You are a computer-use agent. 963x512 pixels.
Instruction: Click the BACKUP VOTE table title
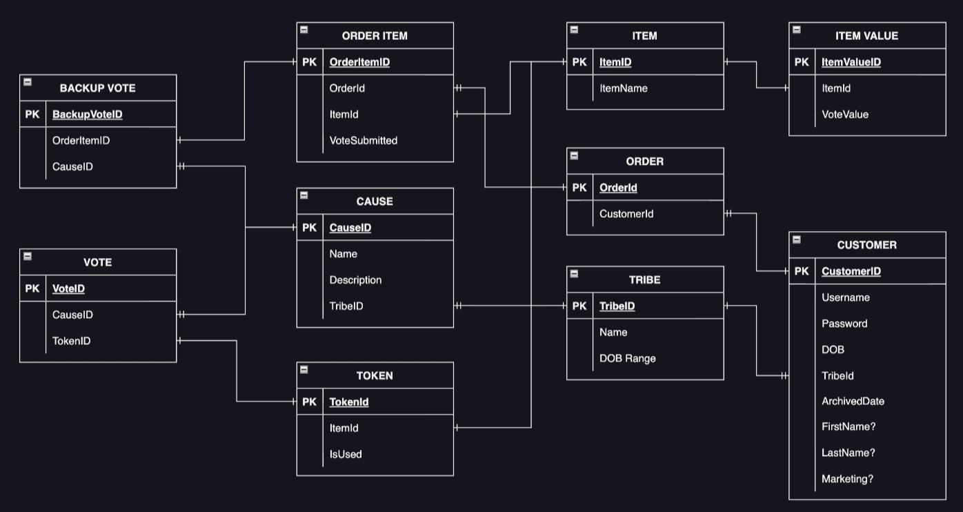tap(97, 88)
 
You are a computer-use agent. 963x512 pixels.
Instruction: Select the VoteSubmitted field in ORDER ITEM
tap(363, 141)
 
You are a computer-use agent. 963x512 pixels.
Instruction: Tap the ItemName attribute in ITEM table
tap(623, 88)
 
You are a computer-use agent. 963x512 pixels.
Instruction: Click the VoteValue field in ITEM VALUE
tap(844, 115)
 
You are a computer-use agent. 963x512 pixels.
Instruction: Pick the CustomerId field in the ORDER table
tap(626, 214)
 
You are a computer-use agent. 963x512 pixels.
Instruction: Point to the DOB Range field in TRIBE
tap(627, 358)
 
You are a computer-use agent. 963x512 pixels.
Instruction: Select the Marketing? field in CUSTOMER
tap(846, 479)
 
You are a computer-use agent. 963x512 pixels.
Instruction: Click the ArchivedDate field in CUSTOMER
tap(852, 401)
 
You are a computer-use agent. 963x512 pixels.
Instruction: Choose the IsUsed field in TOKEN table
tap(345, 454)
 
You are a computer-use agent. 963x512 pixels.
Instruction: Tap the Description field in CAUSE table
tap(355, 280)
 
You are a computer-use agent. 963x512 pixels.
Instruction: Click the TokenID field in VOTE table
tap(71, 341)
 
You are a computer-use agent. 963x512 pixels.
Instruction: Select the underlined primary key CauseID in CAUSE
tap(350, 228)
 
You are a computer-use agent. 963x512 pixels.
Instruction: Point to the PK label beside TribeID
tap(579, 306)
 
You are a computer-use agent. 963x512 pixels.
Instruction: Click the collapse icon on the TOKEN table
tap(304, 370)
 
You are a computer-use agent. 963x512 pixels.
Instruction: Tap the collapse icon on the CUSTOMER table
tap(796, 239)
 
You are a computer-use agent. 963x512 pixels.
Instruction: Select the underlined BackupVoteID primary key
tap(87, 115)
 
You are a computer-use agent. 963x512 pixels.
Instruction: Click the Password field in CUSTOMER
tap(844, 324)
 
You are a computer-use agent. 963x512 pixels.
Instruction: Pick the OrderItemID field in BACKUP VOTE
tap(81, 141)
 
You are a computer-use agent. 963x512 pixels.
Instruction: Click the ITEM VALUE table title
tap(866, 36)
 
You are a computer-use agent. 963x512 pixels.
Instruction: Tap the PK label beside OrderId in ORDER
tap(579, 188)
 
